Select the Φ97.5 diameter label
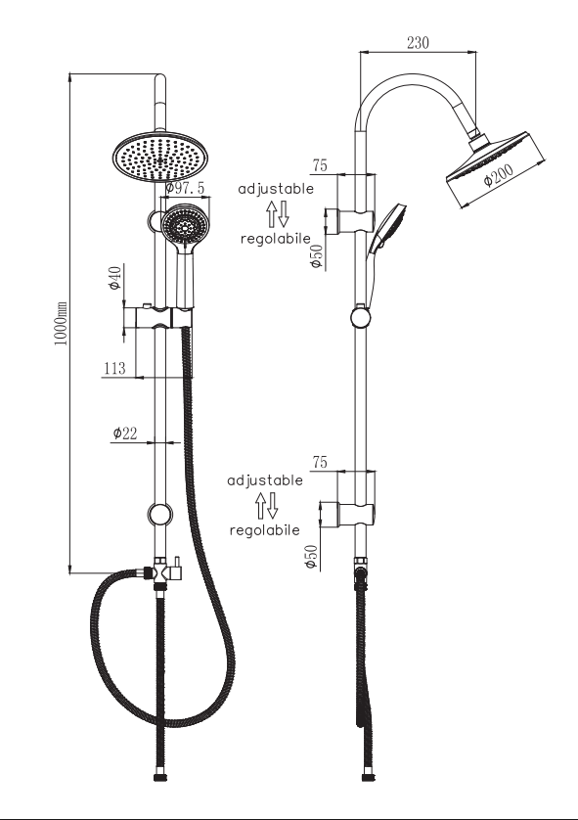point(185,188)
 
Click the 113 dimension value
point(114,368)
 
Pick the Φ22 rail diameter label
point(124,433)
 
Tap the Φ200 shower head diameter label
point(498,175)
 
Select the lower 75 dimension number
point(320,461)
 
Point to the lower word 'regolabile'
point(264,529)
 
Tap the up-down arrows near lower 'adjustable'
point(266,505)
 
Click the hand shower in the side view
point(385,230)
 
